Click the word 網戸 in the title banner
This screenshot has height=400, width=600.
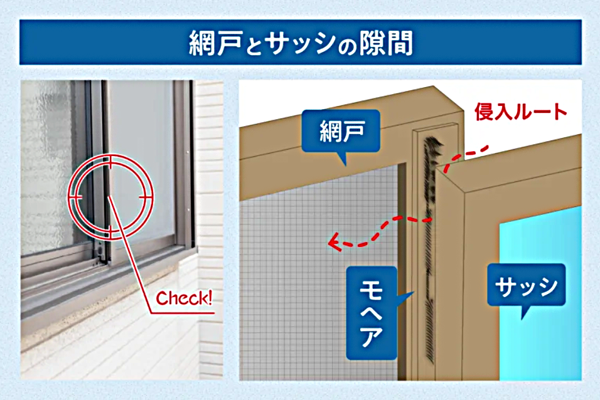click(x=216, y=43)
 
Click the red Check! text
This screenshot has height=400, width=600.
click(x=184, y=298)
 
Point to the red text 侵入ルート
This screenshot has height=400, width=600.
click(x=520, y=112)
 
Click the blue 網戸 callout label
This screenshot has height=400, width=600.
click(x=341, y=131)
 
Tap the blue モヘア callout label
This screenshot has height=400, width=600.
click(x=372, y=313)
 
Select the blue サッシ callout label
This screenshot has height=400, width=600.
click(x=526, y=285)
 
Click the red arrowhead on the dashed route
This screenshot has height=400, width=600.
click(x=335, y=241)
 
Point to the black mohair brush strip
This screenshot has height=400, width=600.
click(x=430, y=248)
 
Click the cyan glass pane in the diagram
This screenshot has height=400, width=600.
click(x=540, y=295)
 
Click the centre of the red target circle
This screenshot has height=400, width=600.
click(x=110, y=197)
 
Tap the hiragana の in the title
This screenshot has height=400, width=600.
click(x=347, y=46)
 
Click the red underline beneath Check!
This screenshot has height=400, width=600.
click(x=183, y=313)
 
